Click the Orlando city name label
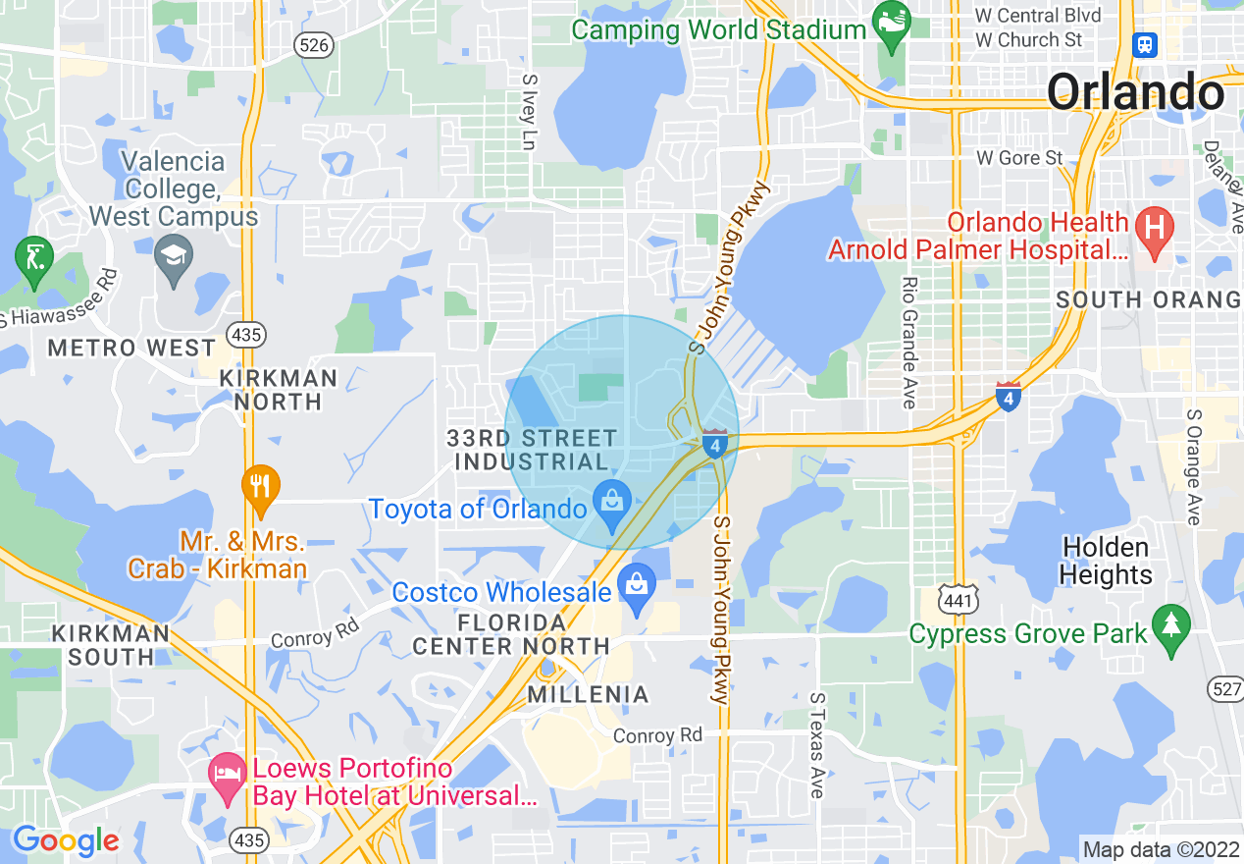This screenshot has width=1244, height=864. click(1135, 92)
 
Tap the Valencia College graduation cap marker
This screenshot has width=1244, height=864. click(174, 258)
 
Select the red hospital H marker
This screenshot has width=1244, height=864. click(1154, 229)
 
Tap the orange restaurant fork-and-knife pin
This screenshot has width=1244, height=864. click(260, 487)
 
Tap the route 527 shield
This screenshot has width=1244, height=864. click(1227, 688)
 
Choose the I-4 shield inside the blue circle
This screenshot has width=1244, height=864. click(715, 444)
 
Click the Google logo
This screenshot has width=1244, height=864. click(66, 840)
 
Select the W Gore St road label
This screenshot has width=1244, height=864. click(1019, 158)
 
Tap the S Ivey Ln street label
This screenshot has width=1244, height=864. click(529, 113)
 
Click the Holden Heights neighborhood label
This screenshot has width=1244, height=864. click(1107, 561)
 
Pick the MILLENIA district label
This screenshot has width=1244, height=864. click(589, 695)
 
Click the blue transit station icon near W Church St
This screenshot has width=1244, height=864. click(1144, 44)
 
